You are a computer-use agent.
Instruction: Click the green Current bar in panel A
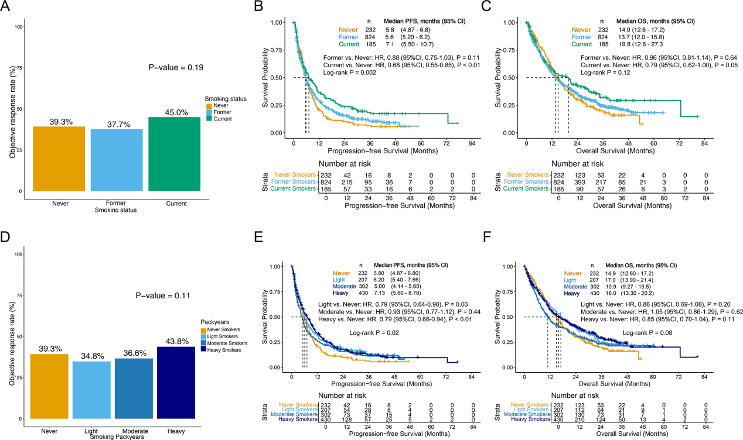[x=174, y=154]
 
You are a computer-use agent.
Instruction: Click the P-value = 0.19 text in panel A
[x=176, y=68]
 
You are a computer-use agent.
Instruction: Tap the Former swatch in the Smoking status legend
[x=209, y=113]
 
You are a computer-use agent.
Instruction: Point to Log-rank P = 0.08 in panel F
[x=647, y=332]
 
